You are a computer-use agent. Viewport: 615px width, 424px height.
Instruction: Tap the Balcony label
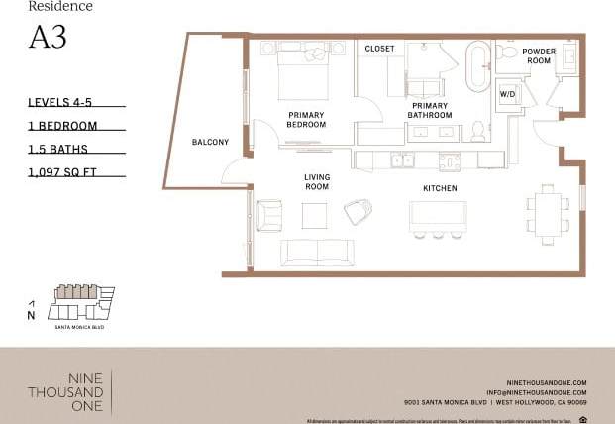(x=210, y=142)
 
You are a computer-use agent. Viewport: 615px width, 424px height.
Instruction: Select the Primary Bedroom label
(x=306, y=120)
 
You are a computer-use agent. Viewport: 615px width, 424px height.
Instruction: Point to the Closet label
(x=379, y=48)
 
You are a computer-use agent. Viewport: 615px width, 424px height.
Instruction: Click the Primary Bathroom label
(x=430, y=110)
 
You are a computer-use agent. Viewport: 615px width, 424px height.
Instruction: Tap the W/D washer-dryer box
(x=507, y=94)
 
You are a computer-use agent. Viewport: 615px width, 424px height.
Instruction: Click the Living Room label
(x=316, y=181)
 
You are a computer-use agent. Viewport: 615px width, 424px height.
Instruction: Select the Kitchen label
(x=439, y=188)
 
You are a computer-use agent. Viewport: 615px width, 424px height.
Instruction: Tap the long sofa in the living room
(x=315, y=253)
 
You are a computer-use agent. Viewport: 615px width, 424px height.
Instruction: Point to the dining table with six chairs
(x=548, y=211)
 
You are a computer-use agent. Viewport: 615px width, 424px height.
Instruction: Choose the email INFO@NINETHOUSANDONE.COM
(x=542, y=393)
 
